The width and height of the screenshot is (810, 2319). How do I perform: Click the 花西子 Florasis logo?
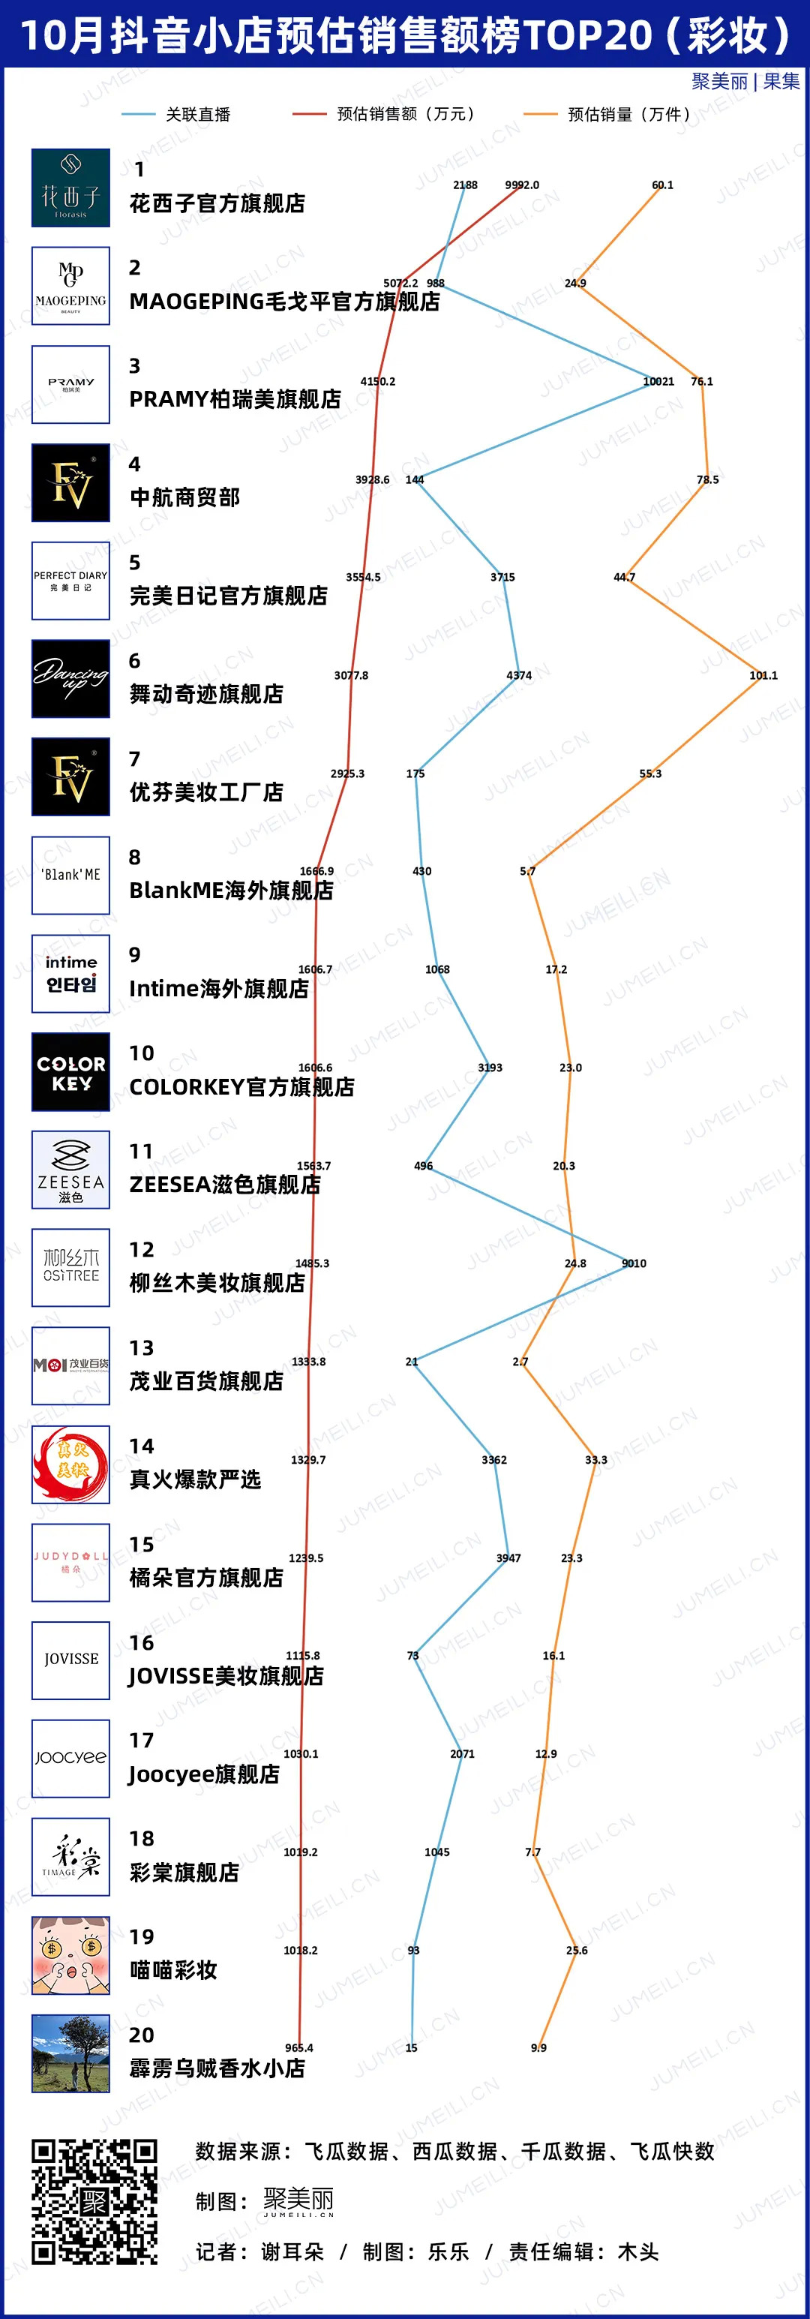(70, 188)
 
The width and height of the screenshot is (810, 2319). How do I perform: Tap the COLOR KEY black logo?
(70, 1071)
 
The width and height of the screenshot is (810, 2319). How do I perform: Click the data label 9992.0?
(522, 185)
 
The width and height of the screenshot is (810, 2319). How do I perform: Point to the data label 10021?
(658, 381)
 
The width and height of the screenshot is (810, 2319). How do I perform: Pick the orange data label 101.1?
(763, 675)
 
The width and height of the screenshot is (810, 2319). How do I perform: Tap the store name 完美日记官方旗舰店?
(229, 595)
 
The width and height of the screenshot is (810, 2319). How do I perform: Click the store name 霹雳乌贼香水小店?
(217, 2067)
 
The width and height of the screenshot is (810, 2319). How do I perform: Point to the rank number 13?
(141, 1347)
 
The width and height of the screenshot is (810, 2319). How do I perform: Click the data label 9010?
(634, 1263)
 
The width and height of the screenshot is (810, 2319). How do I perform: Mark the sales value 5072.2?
(400, 283)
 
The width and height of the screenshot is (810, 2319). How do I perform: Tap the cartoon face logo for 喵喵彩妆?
(70, 1954)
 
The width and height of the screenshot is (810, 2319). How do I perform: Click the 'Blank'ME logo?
(70, 874)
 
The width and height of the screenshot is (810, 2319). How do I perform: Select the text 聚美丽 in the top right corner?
(719, 82)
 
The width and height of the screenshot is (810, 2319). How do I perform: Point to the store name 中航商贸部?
(184, 497)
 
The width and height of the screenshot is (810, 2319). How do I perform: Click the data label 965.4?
(298, 2047)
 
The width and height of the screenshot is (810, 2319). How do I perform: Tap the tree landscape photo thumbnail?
(70, 2053)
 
